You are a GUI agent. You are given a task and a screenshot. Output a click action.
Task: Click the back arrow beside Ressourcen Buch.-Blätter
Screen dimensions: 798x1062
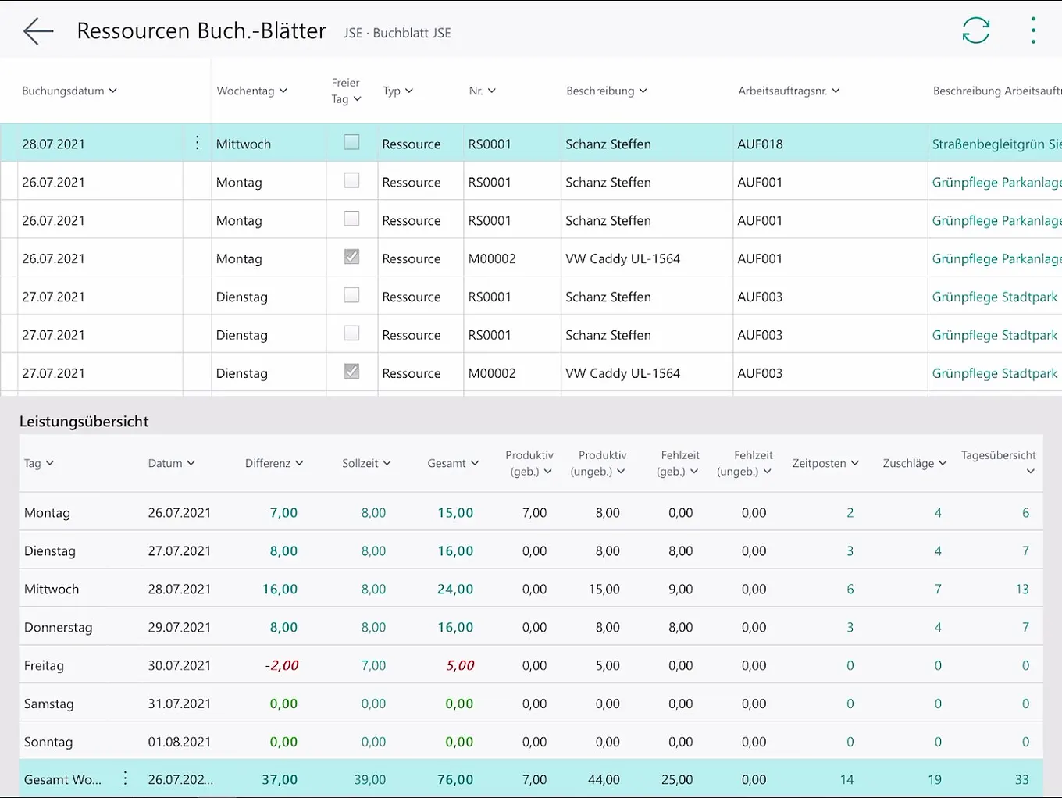pyautogui.click(x=38, y=31)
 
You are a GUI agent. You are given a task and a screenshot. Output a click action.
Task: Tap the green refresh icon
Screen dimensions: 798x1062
pyautogui.click(x=975, y=30)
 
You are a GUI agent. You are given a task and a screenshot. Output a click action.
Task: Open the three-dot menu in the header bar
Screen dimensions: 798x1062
pyautogui.click(x=1033, y=30)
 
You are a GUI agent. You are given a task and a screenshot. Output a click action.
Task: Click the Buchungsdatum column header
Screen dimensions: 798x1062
pyautogui.click(x=69, y=91)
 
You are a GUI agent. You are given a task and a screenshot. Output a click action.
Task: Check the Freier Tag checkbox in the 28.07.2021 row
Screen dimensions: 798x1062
pyautogui.click(x=352, y=142)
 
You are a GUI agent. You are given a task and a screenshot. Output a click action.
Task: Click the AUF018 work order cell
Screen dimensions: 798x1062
pyautogui.click(x=760, y=144)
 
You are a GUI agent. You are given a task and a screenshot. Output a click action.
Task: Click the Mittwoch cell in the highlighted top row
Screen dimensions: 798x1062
pyautogui.click(x=244, y=144)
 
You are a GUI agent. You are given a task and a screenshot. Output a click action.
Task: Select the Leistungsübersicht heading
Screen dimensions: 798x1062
pyautogui.click(x=84, y=422)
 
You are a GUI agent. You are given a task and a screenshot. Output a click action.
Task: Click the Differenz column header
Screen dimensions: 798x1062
pyautogui.click(x=273, y=463)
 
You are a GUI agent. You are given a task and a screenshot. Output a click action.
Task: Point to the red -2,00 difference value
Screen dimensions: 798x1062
pyautogui.click(x=282, y=665)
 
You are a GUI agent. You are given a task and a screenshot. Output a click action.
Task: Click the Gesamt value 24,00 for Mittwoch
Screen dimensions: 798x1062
pyautogui.click(x=455, y=589)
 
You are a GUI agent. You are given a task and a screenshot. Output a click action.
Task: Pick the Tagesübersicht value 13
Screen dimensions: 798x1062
pyautogui.click(x=1021, y=589)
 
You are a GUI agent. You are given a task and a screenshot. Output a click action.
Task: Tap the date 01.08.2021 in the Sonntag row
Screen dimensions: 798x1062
pyautogui.click(x=180, y=742)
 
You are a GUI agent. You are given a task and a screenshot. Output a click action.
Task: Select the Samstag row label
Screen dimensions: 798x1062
pyautogui.click(x=48, y=704)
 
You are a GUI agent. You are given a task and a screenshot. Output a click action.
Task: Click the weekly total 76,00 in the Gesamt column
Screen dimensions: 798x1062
pyautogui.click(x=455, y=779)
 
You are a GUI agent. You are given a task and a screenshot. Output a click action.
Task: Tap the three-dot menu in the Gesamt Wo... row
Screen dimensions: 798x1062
pyautogui.click(x=125, y=778)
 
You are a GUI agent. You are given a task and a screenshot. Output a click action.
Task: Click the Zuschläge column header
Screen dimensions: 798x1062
pyautogui.click(x=914, y=463)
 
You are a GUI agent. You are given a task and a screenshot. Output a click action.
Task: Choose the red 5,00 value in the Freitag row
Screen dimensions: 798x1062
pyautogui.click(x=460, y=665)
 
